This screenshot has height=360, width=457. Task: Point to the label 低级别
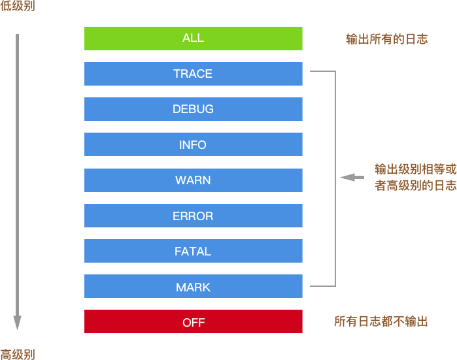(18, 7)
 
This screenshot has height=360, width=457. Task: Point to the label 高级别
(18, 354)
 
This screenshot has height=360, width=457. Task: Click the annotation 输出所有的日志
(386, 39)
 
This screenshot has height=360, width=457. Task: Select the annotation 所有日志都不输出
(381, 321)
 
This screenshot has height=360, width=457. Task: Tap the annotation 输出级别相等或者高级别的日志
(415, 177)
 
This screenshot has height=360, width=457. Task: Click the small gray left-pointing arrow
(352, 177)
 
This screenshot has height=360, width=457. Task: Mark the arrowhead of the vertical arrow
(18, 323)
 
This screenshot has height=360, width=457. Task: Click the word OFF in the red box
(194, 322)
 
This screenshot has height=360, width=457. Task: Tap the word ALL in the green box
(193, 39)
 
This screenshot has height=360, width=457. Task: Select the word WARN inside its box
(193, 180)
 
